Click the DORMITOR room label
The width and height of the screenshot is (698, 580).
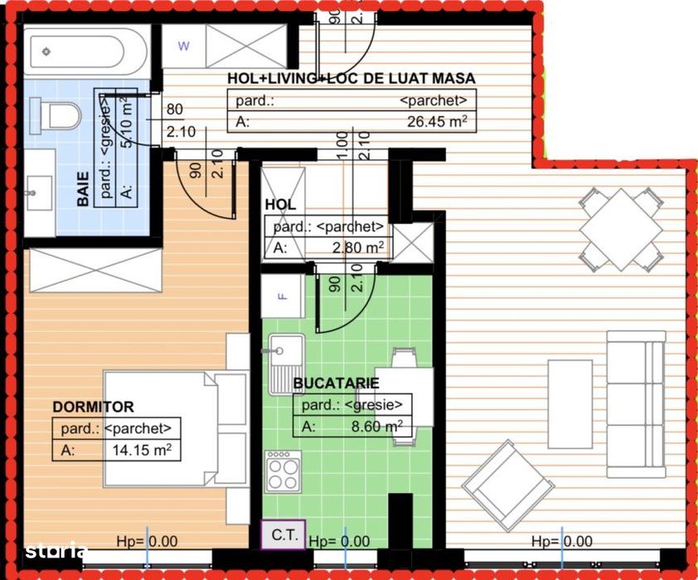click(93, 407)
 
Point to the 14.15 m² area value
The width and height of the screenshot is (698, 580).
click(142, 451)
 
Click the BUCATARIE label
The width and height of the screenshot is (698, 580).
click(336, 383)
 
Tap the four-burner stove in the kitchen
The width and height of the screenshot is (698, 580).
click(284, 474)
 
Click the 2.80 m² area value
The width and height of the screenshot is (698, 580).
click(359, 247)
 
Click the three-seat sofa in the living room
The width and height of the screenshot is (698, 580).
click(636, 405)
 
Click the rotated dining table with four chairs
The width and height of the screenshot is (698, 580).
click(622, 229)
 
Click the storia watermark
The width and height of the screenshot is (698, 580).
click(56, 550)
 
